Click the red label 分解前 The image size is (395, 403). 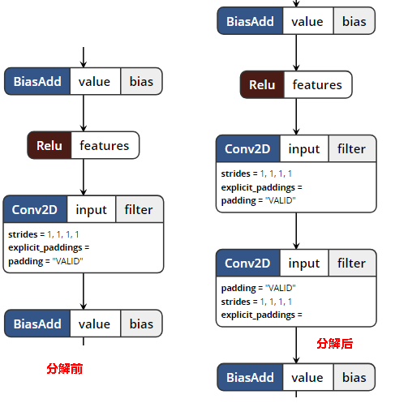65,369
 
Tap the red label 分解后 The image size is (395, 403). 335,344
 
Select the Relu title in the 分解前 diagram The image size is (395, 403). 49,145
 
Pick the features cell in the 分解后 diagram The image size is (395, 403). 318,84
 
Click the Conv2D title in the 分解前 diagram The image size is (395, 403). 35,209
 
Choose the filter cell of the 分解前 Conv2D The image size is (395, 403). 140,209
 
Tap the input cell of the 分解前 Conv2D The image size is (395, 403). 92,209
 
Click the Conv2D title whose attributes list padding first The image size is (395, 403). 248,263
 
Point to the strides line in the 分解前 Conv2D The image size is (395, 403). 44,234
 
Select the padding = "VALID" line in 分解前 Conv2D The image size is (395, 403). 45,261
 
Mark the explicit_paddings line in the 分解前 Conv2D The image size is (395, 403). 49,247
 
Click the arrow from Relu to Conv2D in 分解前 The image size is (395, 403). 84,177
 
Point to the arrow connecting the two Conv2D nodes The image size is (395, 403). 296,231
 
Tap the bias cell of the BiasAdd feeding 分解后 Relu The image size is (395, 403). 354,21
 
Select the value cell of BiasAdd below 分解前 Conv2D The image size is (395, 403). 95,324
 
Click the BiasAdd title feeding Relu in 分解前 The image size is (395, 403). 37,81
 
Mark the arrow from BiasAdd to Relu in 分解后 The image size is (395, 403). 296,53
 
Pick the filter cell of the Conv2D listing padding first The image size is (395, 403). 352,263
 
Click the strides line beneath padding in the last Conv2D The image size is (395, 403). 256,302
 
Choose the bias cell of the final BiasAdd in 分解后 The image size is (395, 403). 354,377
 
